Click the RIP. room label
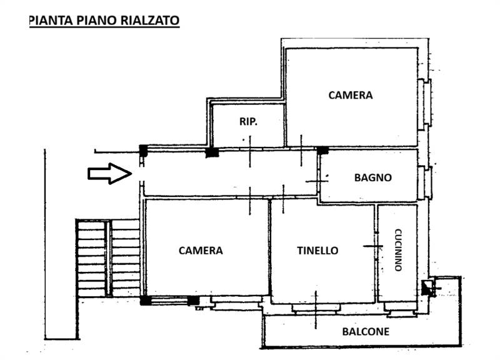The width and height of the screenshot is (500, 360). point(248,122)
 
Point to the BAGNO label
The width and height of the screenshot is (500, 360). point(372,177)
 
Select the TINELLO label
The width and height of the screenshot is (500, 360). point(317,251)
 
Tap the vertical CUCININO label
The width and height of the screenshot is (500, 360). point(397,251)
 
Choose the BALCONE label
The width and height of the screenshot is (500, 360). point(365,331)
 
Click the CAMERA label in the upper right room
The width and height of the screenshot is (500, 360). point(350,96)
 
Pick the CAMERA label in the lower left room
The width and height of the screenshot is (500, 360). point(200,251)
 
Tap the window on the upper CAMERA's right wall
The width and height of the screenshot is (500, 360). point(427,103)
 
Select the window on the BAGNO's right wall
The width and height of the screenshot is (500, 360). point(427,182)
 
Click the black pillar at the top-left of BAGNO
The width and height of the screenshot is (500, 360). point(322,151)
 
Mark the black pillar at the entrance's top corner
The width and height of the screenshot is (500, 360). point(143,149)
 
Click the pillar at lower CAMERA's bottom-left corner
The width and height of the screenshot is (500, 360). point(145,301)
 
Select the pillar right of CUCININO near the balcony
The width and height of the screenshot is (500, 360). point(428,287)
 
